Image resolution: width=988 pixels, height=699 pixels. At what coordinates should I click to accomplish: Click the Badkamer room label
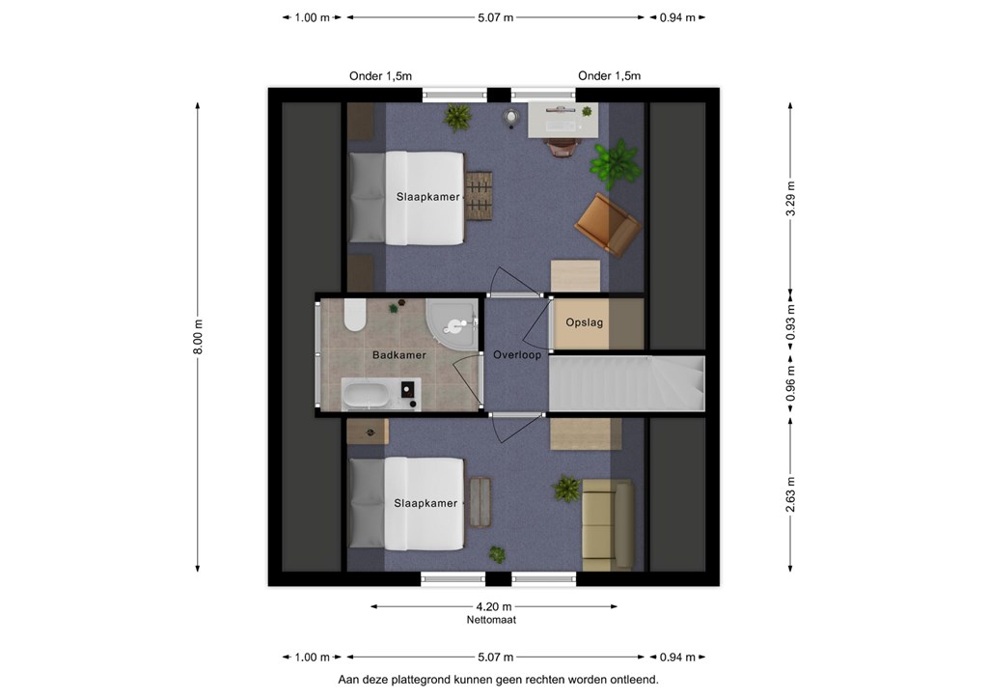398,355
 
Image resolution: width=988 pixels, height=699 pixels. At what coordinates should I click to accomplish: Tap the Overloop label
517,355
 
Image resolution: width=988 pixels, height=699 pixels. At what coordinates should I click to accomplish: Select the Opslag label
584,322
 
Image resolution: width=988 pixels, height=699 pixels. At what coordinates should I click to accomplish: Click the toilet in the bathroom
355,315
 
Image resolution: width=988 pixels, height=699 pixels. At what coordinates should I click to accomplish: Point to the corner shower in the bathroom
452,322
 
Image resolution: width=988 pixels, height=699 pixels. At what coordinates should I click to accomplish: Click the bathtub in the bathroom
372,395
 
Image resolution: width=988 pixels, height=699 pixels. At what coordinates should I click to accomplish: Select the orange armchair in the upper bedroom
608,224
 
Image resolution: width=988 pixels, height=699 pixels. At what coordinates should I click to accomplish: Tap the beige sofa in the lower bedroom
608,524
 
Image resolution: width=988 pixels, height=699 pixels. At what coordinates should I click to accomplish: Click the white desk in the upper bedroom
563,120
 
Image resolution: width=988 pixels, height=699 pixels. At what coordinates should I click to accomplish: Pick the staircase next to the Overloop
627,383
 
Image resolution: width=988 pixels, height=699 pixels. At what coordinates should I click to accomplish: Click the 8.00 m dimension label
198,337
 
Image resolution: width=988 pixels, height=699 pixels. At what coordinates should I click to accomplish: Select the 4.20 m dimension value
494,607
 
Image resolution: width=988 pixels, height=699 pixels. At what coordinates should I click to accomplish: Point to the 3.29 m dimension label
791,199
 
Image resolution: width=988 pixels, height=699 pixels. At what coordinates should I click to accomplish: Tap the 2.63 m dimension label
791,494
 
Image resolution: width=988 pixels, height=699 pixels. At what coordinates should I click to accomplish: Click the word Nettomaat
491,620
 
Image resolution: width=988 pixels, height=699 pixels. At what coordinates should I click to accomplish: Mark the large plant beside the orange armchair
615,164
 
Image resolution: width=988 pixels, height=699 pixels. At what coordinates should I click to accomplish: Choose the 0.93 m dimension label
791,322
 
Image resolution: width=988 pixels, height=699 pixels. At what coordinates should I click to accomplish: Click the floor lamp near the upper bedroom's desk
511,118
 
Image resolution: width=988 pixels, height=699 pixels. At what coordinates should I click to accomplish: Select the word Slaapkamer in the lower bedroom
425,503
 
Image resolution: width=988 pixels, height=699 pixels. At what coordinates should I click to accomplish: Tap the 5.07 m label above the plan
495,17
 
